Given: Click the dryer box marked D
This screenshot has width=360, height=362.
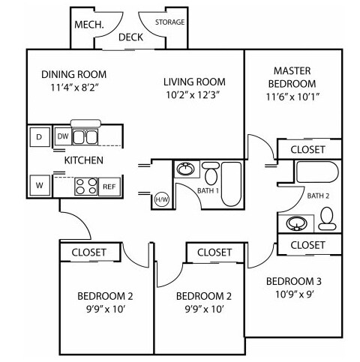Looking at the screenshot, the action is coord(40,137).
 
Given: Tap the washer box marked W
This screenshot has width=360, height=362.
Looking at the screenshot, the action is coord(40,185).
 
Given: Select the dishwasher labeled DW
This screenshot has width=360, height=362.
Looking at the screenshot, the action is coord(63,136).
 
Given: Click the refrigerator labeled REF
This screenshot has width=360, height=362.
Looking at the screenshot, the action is coord(109,187).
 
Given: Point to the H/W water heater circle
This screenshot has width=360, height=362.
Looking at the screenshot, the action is coord(162,199).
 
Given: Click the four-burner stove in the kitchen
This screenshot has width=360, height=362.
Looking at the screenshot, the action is coord(86,187).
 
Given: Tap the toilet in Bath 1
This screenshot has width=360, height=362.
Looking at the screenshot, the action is coord(211,173).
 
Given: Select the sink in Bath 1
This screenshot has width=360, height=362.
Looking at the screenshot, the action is coord(185,169).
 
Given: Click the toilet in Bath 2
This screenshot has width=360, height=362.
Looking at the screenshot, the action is coord(327,219).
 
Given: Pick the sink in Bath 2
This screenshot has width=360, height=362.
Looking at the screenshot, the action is coord(296,223).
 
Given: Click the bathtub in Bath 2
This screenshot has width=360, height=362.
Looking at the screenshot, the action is coord(317,172).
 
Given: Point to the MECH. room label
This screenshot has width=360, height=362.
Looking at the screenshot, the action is coord(89,25).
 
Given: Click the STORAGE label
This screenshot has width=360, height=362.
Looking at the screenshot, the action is coord(170,22).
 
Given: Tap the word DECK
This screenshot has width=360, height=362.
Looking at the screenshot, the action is coord(130,37).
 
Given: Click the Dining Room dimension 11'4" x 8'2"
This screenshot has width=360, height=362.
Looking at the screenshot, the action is coord(74,88).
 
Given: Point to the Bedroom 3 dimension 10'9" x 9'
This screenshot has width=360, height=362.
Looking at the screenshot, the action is coord(295,295).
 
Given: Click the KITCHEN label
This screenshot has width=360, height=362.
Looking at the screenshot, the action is coord(84,160).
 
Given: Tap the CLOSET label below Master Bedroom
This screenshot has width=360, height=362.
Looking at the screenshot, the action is coord(307,150).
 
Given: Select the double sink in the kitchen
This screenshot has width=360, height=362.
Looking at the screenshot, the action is coord(85,136).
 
